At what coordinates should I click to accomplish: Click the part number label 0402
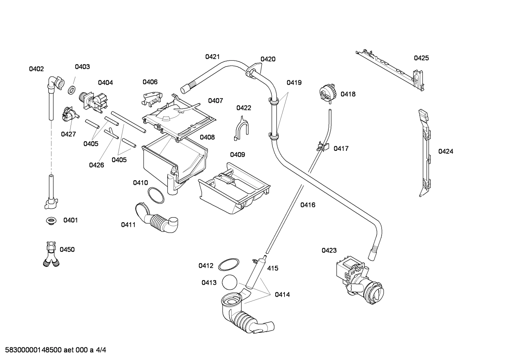tap(36, 69)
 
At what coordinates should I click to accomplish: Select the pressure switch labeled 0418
tap(327, 93)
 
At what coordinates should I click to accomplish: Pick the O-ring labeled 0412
tap(228, 265)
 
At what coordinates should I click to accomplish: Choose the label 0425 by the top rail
tap(421, 58)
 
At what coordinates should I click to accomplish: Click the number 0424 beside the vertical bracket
tap(445, 151)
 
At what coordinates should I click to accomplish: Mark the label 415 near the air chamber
tap(273, 268)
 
